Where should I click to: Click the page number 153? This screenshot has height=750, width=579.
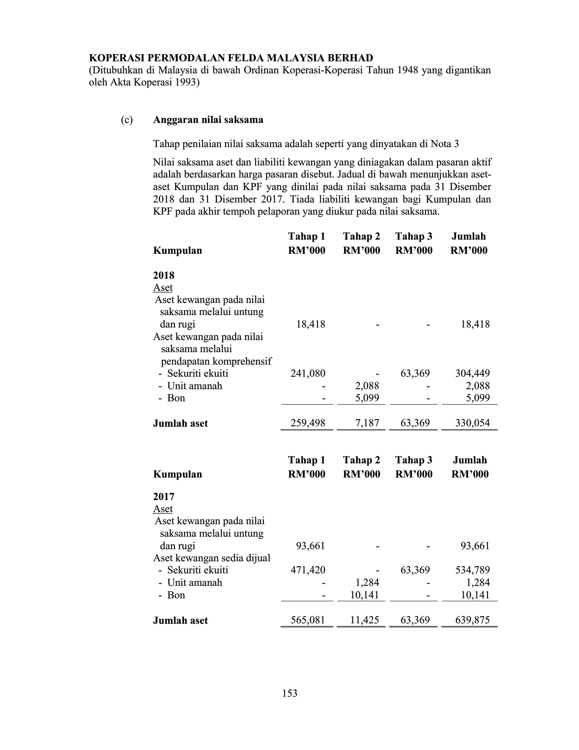pyautogui.click(x=289, y=693)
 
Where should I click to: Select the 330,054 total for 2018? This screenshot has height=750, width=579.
pyautogui.click(x=472, y=423)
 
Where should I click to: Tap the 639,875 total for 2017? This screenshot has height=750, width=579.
pyautogui.click(x=472, y=620)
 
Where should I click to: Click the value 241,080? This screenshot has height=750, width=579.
pyautogui.click(x=308, y=373)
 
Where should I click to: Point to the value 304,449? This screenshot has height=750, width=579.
pyautogui.click(x=472, y=373)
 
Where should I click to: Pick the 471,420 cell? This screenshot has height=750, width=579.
pyautogui.click(x=308, y=570)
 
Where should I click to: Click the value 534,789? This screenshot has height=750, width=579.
pyautogui.click(x=472, y=570)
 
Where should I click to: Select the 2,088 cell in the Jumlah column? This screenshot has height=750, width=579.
pyautogui.click(x=478, y=386)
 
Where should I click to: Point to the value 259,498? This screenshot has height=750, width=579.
pyautogui.click(x=308, y=423)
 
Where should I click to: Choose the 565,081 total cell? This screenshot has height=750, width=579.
pyautogui.click(x=308, y=620)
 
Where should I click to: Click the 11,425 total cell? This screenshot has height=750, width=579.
pyautogui.click(x=364, y=620)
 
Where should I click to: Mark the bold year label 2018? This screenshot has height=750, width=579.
pyautogui.click(x=164, y=275)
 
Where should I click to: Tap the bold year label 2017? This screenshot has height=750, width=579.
pyautogui.click(x=164, y=497)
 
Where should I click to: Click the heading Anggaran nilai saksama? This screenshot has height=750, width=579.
pyautogui.click(x=208, y=120)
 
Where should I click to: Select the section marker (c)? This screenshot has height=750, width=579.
pyautogui.click(x=127, y=120)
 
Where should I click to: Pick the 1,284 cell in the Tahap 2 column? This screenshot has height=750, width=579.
pyautogui.click(x=367, y=582)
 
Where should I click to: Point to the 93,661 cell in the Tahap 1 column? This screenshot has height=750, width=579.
pyautogui.click(x=310, y=546)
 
